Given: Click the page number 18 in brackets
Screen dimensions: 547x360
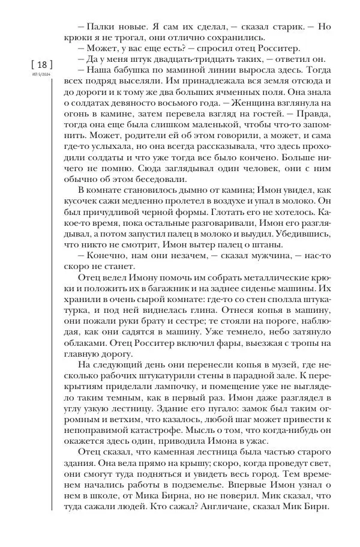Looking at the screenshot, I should pos(41,65).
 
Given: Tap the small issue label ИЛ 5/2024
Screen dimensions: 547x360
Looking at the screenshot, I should pos(41,75).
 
